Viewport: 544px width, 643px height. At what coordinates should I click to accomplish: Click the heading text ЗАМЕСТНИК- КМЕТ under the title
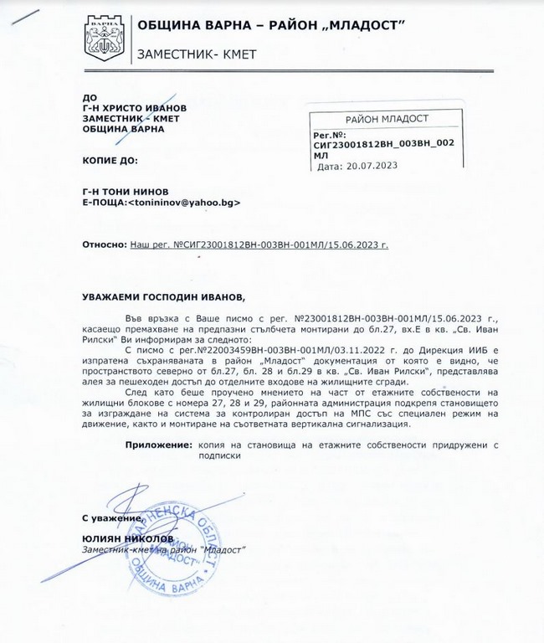pos(196,55)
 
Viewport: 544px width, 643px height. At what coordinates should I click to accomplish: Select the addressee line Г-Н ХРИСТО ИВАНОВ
pos(134,108)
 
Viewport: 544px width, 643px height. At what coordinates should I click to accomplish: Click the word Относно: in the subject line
pos(103,245)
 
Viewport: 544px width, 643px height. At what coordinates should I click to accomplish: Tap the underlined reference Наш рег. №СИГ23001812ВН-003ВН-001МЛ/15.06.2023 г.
pos(259,245)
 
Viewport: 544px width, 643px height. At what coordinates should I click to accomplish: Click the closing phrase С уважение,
pos(110,519)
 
